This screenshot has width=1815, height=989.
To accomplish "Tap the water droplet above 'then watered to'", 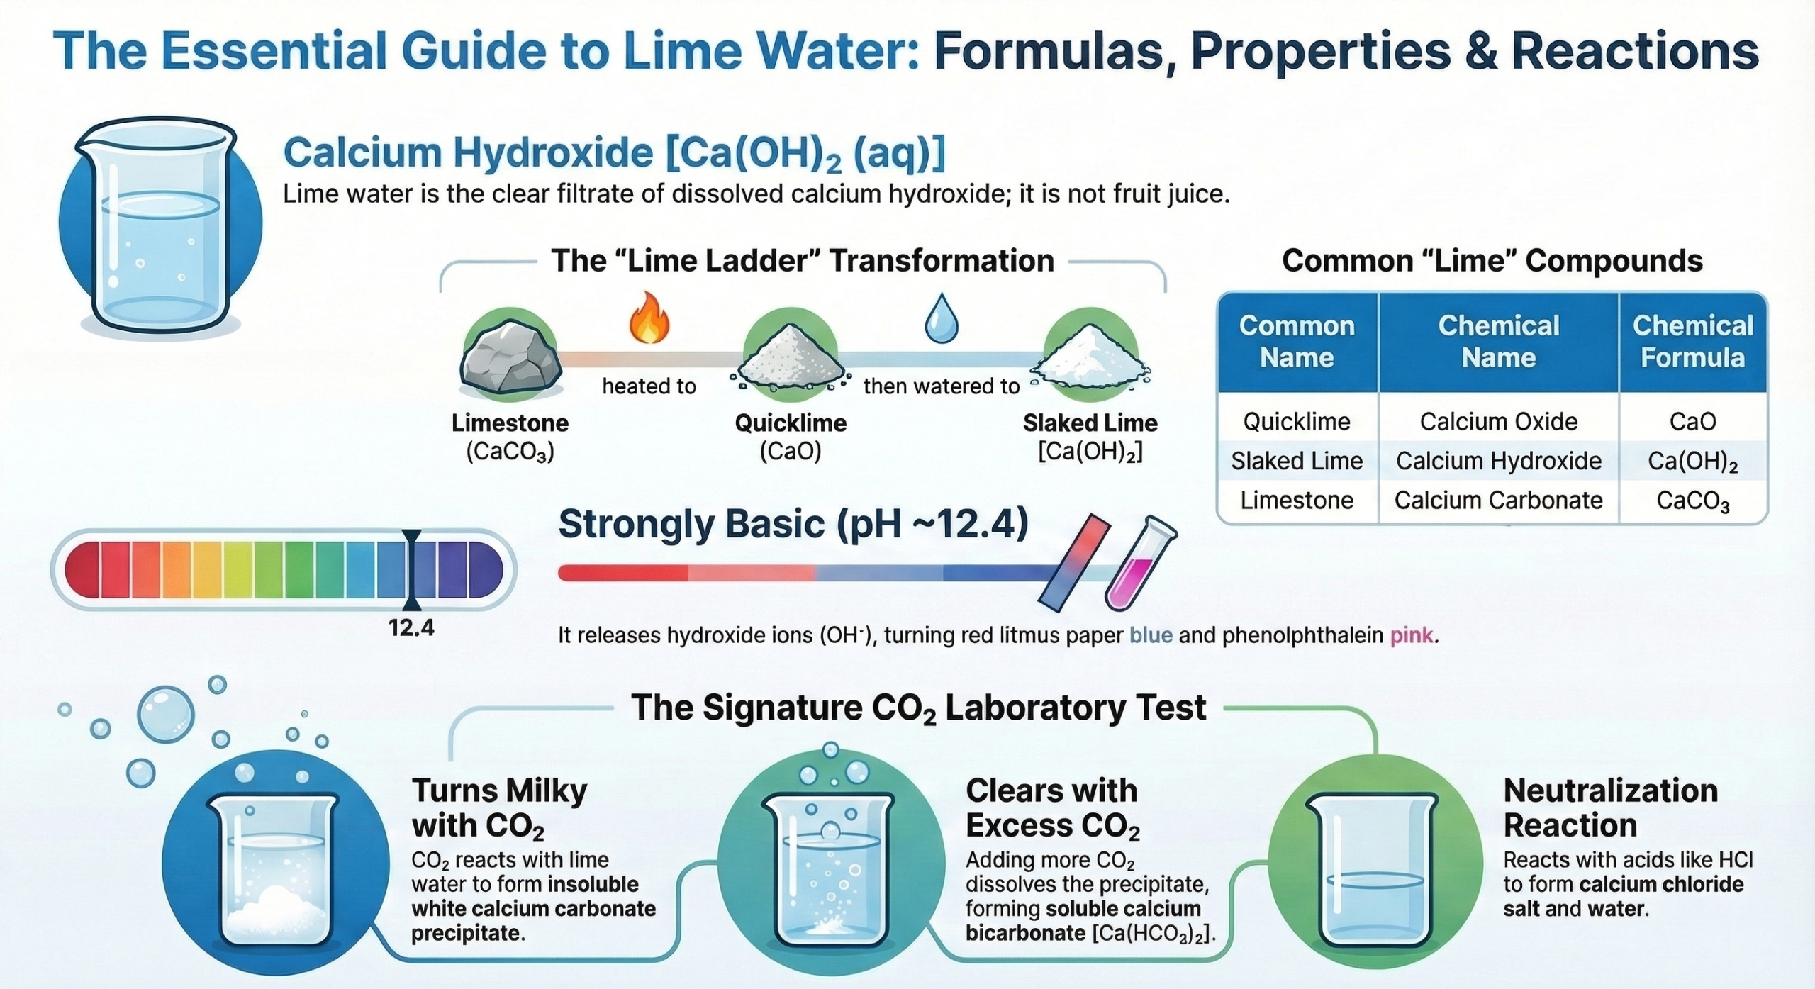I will click(x=941, y=320).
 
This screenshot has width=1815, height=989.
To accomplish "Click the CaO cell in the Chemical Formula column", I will click(x=1692, y=422).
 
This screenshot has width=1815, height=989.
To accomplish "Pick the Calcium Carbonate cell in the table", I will click(x=1498, y=501).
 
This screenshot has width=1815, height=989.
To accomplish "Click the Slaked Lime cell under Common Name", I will click(x=1296, y=462).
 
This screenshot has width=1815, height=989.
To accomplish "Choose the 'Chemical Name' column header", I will click(x=1498, y=342).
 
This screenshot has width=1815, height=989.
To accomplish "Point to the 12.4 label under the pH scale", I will click(x=411, y=628).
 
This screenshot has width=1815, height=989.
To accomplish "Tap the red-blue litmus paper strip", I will click(x=1074, y=563).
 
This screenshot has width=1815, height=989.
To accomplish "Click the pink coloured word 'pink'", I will click(x=1411, y=635).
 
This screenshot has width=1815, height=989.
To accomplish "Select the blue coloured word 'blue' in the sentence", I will click(x=1150, y=635).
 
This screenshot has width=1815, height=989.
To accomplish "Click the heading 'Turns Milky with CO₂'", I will click(x=499, y=808).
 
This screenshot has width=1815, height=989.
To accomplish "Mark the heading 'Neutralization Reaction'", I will click(x=1609, y=808).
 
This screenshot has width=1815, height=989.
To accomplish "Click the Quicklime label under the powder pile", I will click(x=790, y=423).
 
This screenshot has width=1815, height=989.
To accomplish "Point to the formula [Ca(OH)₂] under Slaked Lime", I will click(x=1090, y=452).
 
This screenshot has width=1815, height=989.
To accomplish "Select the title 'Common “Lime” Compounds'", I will click(x=1492, y=261).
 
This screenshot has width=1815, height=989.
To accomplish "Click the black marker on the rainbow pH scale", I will click(x=411, y=569).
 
